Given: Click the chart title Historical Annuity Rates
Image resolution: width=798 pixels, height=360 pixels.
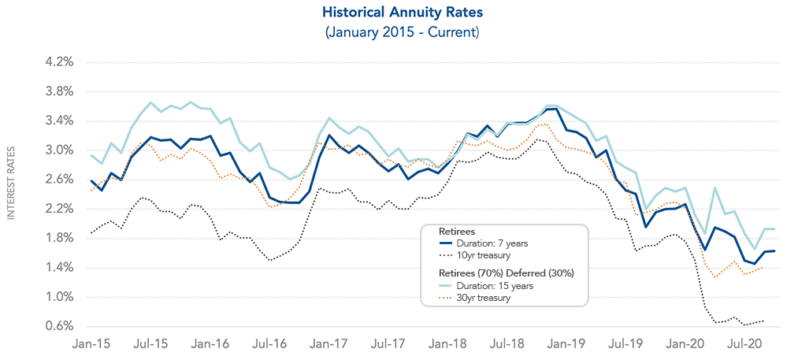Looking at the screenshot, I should [398, 13].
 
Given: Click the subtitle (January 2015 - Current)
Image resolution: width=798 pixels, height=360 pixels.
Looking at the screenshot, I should [398, 32].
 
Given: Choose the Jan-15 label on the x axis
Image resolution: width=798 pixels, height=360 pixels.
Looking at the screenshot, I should [91, 344].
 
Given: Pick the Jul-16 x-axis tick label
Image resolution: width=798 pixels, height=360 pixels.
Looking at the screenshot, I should [270, 344].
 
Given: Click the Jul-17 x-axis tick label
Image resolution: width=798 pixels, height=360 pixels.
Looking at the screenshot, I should [388, 344].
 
